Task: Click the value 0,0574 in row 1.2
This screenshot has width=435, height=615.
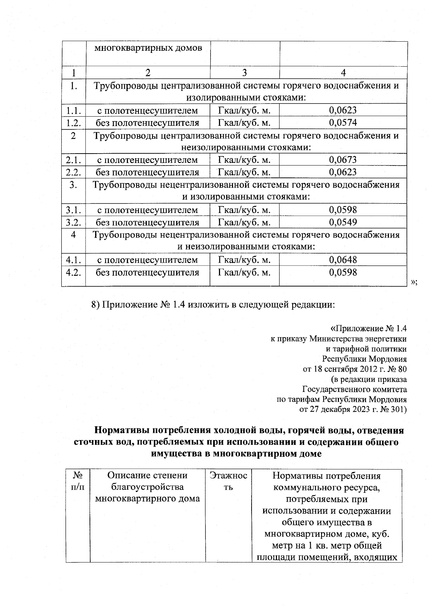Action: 343,122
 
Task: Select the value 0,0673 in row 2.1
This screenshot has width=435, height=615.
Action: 343,159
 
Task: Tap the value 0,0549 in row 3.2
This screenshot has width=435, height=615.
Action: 343,222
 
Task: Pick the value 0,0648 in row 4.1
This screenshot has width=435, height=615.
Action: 343,259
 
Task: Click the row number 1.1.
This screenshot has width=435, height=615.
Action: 73,110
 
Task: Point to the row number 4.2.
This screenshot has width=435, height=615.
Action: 73,272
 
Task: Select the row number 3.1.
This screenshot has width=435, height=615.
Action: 73,210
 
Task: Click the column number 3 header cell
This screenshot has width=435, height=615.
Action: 245,72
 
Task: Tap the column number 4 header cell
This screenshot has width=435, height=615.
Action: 343,72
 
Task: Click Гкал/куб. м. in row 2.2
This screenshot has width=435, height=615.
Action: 244,172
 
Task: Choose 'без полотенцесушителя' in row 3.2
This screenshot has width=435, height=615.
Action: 147,222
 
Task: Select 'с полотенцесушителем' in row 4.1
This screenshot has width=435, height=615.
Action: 147,260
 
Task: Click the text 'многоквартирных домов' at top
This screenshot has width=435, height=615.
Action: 148,48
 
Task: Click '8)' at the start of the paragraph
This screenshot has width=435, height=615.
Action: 95,305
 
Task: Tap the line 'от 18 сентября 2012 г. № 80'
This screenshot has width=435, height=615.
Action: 355,369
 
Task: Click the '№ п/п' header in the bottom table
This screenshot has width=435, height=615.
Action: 78,481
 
